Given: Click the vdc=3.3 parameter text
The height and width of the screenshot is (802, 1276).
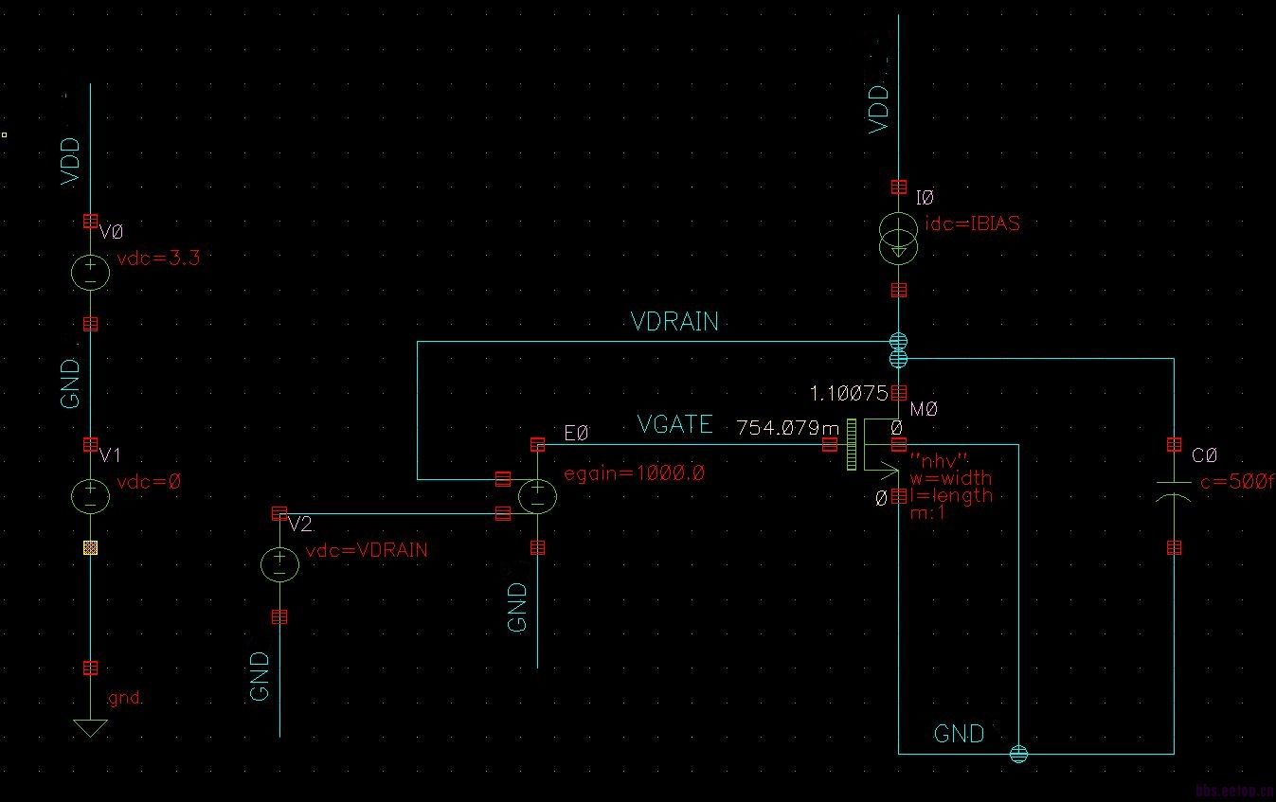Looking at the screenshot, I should [x=158, y=258].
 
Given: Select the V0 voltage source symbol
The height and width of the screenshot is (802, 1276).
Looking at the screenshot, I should [x=90, y=273].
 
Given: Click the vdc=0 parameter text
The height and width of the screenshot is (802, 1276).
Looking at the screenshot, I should [x=149, y=482].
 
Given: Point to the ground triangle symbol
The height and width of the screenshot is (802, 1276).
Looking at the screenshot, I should [x=90, y=728].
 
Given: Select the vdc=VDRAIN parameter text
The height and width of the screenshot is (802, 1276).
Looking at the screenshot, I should [x=367, y=550].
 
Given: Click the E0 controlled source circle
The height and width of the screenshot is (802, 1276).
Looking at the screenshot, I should [x=537, y=495].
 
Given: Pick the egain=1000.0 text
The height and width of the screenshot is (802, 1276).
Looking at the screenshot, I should [x=634, y=473].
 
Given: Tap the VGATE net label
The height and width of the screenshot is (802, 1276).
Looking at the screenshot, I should [x=674, y=425].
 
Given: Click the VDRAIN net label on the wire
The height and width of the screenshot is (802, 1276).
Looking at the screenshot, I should [x=674, y=323].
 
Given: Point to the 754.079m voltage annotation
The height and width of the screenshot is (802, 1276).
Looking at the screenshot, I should [x=780, y=429].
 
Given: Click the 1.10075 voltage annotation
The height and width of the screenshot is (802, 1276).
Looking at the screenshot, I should [x=848, y=392].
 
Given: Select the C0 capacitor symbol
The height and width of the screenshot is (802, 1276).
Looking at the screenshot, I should [x=1175, y=495].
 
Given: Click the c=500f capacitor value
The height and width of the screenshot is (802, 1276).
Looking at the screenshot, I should [x=1235, y=484].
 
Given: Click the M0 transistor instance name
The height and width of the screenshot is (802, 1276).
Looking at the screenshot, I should [x=923, y=409].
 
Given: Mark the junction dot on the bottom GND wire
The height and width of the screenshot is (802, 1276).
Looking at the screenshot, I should [x=1018, y=754].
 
